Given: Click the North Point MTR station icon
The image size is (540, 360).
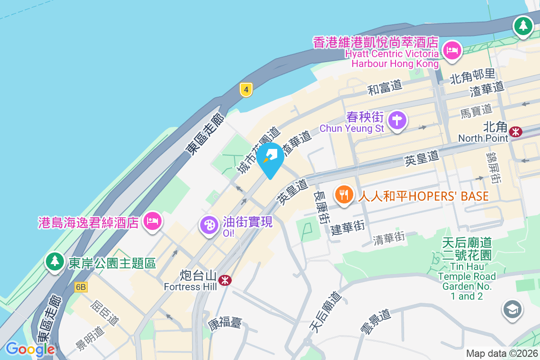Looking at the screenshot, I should (x=516, y=131).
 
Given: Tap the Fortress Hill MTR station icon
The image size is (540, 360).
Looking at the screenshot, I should (x=225, y=280).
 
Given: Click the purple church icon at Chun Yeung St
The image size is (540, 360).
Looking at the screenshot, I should (x=397, y=120).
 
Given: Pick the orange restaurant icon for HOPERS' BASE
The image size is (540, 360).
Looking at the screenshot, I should (x=344, y=195).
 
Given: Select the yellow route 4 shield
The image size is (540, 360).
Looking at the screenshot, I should (x=245, y=89).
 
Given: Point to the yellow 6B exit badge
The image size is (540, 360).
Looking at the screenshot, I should (x=81, y=287).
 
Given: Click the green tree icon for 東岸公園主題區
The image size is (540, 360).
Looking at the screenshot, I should (x=55, y=261).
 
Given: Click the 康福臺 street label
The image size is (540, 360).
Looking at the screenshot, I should (x=225, y=323).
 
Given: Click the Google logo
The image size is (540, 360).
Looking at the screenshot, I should (x=30, y=349).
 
